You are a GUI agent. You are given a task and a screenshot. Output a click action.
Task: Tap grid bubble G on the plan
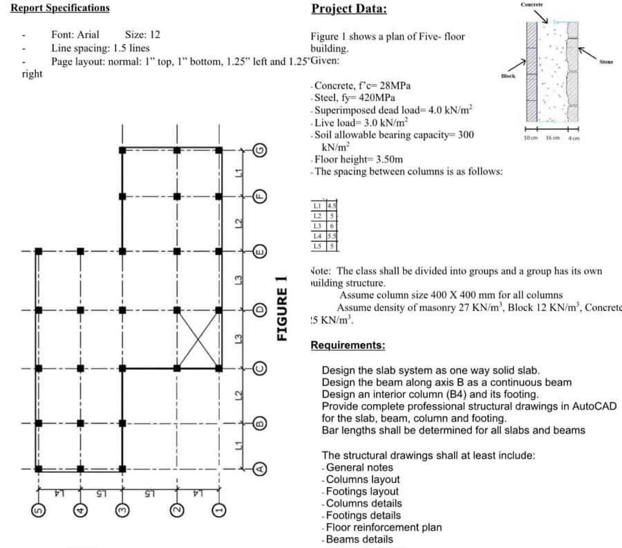pyautogui.click(x=261, y=150)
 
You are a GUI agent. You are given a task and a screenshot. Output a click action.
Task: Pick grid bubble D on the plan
pyautogui.click(x=261, y=310)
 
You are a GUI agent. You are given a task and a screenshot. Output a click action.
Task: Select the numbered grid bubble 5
pyautogui.click(x=39, y=512)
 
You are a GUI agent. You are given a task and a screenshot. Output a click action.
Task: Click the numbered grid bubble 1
pyautogui.click(x=219, y=512)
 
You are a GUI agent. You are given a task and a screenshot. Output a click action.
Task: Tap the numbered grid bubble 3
pyautogui.click(x=122, y=512)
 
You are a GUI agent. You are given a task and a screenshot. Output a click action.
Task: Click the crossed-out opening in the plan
pyautogui.click(x=198, y=339)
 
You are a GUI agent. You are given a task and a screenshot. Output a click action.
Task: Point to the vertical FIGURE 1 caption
pyautogui.click(x=281, y=307)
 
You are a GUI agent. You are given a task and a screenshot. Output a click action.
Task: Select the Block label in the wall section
pyautogui.click(x=508, y=76)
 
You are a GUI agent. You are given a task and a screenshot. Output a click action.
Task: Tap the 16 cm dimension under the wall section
pyautogui.click(x=553, y=138)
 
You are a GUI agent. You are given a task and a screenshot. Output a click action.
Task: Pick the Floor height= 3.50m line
pyautogui.click(x=359, y=159)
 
